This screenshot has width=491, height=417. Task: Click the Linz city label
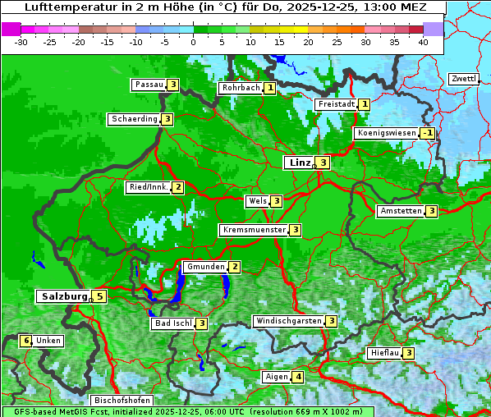click(x=299, y=163)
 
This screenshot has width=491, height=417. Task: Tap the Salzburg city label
click(x=63, y=296)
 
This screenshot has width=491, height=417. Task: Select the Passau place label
click(x=149, y=85)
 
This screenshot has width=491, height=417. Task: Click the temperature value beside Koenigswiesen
click(x=428, y=133)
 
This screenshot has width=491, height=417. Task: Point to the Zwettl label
click(x=462, y=79)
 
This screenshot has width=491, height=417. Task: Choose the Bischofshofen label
click(x=121, y=401)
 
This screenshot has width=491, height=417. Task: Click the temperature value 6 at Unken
click(x=26, y=341)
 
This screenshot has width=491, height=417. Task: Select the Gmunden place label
click(x=204, y=267)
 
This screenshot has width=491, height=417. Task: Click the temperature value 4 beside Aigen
click(x=297, y=377)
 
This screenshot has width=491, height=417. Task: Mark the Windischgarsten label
click(x=287, y=321)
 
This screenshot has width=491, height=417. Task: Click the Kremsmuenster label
click(x=253, y=230)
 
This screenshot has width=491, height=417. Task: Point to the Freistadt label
click(x=336, y=104)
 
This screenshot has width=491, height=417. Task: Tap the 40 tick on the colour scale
click(x=422, y=41)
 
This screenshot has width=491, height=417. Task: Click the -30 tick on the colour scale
click(x=22, y=41)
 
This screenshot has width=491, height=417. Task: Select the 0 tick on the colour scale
click(x=194, y=41)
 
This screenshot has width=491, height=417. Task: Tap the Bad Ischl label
click(x=172, y=323)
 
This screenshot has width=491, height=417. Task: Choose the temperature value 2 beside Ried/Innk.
click(x=178, y=187)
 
